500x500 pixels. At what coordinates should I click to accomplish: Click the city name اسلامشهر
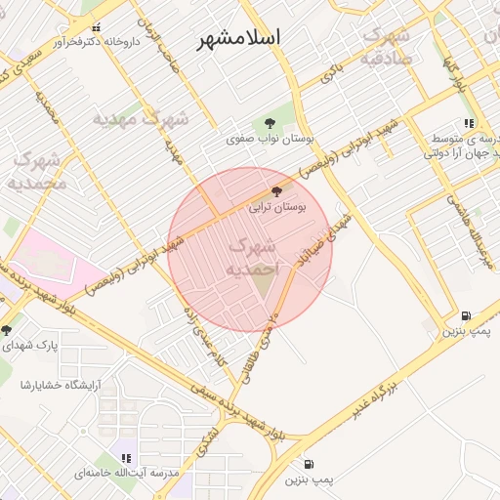pyautogui.click(x=238, y=37)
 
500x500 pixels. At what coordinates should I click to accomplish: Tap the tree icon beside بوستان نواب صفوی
pyautogui.click(x=270, y=123)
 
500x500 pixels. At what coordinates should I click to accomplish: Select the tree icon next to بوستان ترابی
pyautogui.click(x=277, y=192)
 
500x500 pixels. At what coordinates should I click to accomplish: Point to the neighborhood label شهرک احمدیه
pyautogui.click(x=252, y=256)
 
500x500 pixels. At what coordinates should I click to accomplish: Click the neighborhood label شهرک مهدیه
pyautogui.click(x=140, y=119)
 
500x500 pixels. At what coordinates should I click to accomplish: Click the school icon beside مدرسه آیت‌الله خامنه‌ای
pyautogui.click(x=126, y=458)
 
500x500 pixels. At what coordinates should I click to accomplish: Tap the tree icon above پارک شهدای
pyautogui.click(x=8, y=329)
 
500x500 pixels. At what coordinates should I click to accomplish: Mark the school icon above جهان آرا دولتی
pyautogui.click(x=470, y=124)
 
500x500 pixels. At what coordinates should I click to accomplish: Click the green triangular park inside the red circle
pyautogui.click(x=264, y=282)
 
